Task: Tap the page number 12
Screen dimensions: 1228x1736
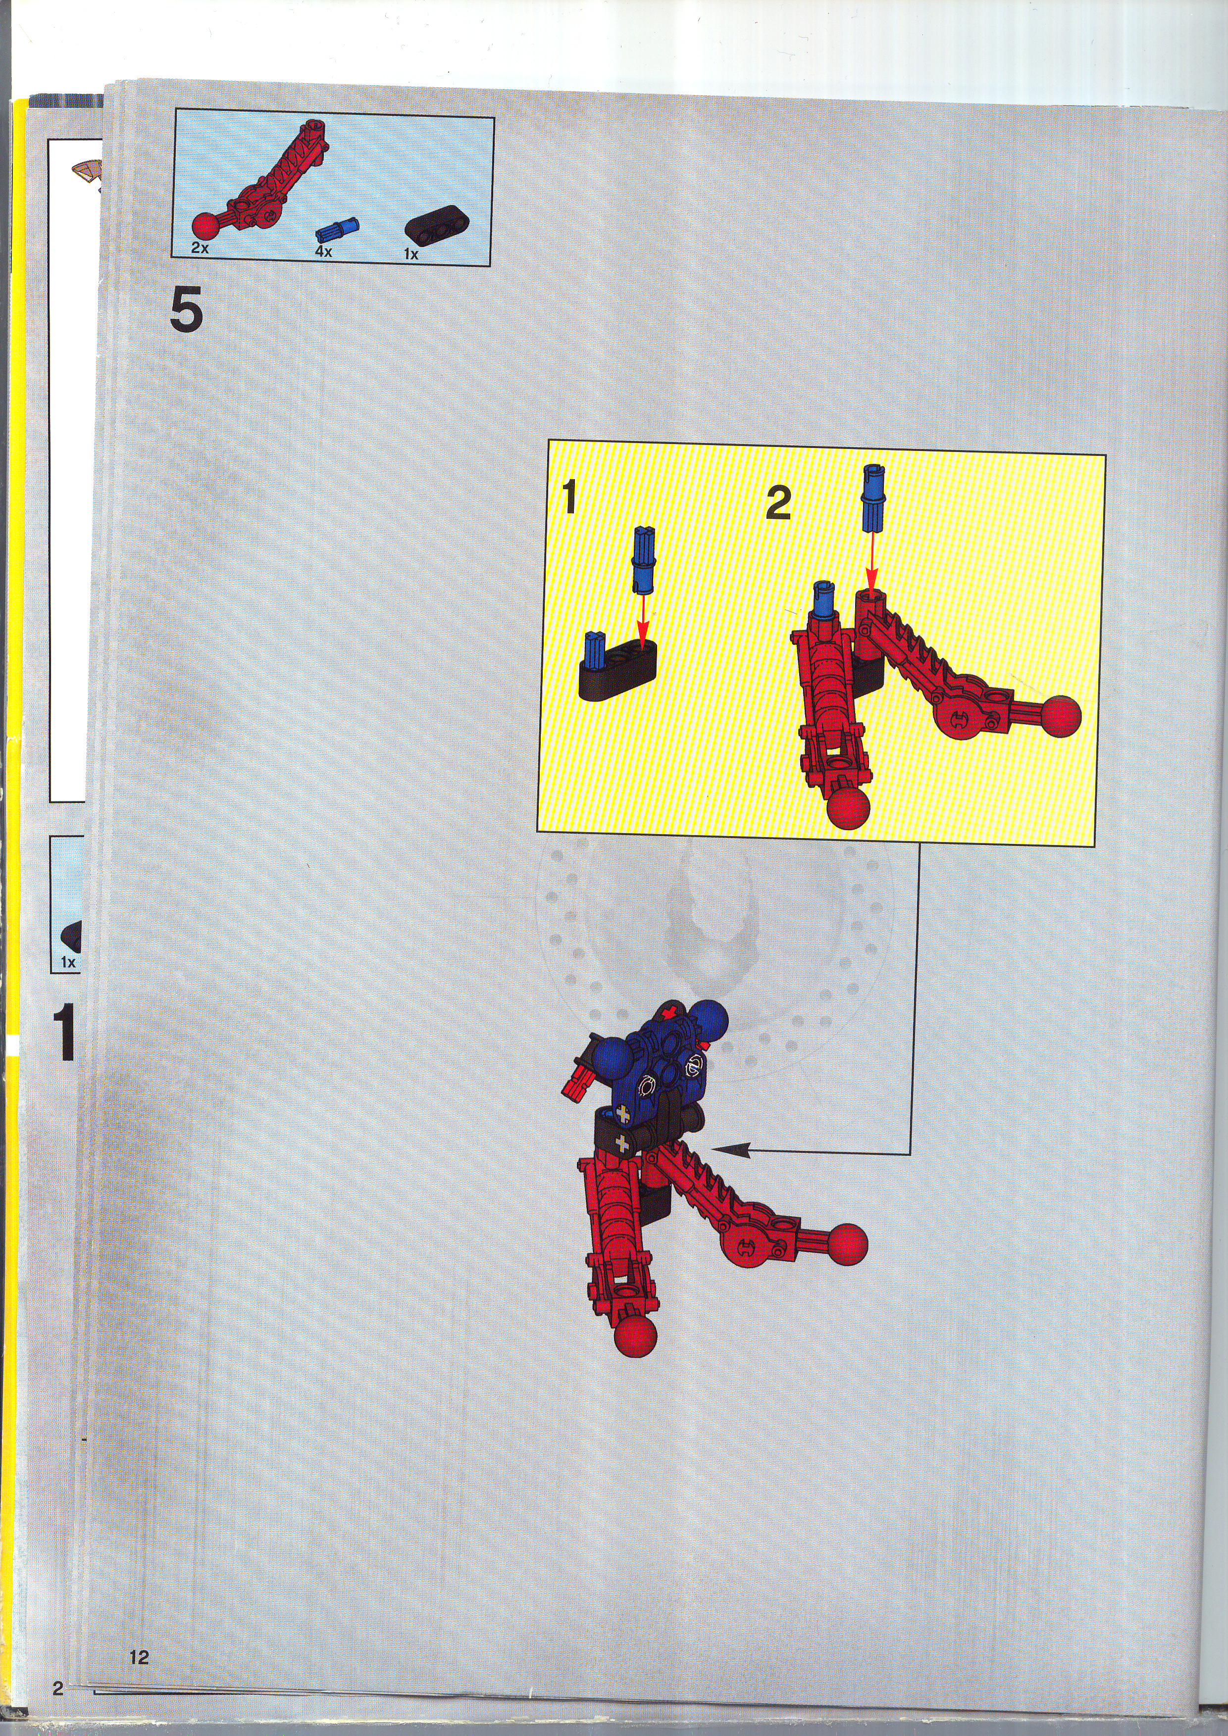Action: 139,1657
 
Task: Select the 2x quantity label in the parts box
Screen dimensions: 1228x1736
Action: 200,247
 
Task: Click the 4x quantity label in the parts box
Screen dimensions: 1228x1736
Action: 324,251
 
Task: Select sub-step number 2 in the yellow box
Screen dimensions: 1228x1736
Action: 778,503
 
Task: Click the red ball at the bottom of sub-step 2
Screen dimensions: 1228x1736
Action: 848,808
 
